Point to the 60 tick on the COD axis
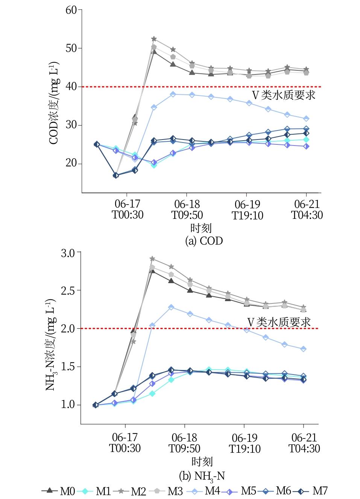(71, 10)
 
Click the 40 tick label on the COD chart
(71, 87)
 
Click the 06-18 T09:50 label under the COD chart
(187, 209)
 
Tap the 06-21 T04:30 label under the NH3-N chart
(304, 443)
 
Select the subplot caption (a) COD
(204, 241)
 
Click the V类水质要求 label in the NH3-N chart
(279, 322)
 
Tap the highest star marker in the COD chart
(154, 39)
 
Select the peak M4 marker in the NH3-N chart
(171, 307)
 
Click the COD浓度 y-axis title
(54, 101)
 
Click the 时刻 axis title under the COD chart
(201, 228)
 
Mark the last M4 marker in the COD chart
(306, 119)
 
